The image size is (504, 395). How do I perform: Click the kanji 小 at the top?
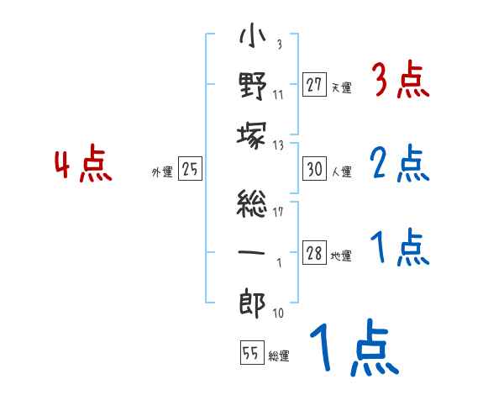[x=252, y=35]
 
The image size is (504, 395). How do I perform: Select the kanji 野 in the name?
[x=253, y=86]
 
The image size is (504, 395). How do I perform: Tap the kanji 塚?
[x=252, y=135]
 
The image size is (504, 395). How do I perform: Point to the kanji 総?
[x=252, y=203]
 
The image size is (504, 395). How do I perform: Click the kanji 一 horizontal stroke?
[x=252, y=252]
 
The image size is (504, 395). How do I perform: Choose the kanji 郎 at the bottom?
[x=252, y=303]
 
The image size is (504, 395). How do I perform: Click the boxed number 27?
[x=314, y=84]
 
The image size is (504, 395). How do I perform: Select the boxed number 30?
[x=314, y=168]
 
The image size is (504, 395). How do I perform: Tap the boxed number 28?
[x=314, y=252]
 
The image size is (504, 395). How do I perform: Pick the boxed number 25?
[x=190, y=168]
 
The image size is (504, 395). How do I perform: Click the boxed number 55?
[x=252, y=352]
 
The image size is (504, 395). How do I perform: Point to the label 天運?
[x=342, y=87]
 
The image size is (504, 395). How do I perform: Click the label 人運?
[x=342, y=171]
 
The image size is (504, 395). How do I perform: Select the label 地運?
[x=341, y=255]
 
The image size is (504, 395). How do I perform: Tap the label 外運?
[x=162, y=171]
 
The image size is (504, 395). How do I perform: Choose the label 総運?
[x=279, y=356]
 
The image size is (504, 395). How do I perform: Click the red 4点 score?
[x=83, y=163]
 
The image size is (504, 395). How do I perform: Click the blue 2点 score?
[x=400, y=163]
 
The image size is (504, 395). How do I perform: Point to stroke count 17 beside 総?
[x=278, y=212]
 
